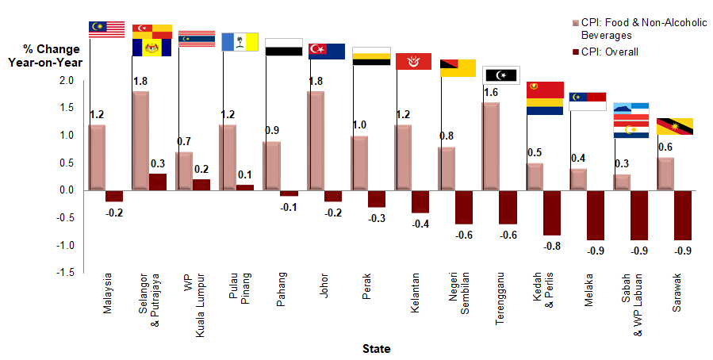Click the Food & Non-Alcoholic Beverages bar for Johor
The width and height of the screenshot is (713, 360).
(315, 140)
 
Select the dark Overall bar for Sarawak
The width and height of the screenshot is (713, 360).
(682, 215)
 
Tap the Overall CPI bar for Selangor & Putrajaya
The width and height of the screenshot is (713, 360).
(158, 182)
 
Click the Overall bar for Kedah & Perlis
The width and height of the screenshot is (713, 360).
(551, 213)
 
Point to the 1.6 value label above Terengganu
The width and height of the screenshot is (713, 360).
(490, 93)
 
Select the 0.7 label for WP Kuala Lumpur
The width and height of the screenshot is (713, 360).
(183, 142)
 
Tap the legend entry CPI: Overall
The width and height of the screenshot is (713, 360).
(610, 52)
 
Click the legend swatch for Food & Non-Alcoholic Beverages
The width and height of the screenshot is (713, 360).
(575, 24)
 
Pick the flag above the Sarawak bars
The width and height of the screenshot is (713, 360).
(676, 127)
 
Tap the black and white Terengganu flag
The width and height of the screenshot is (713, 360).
(500, 75)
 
